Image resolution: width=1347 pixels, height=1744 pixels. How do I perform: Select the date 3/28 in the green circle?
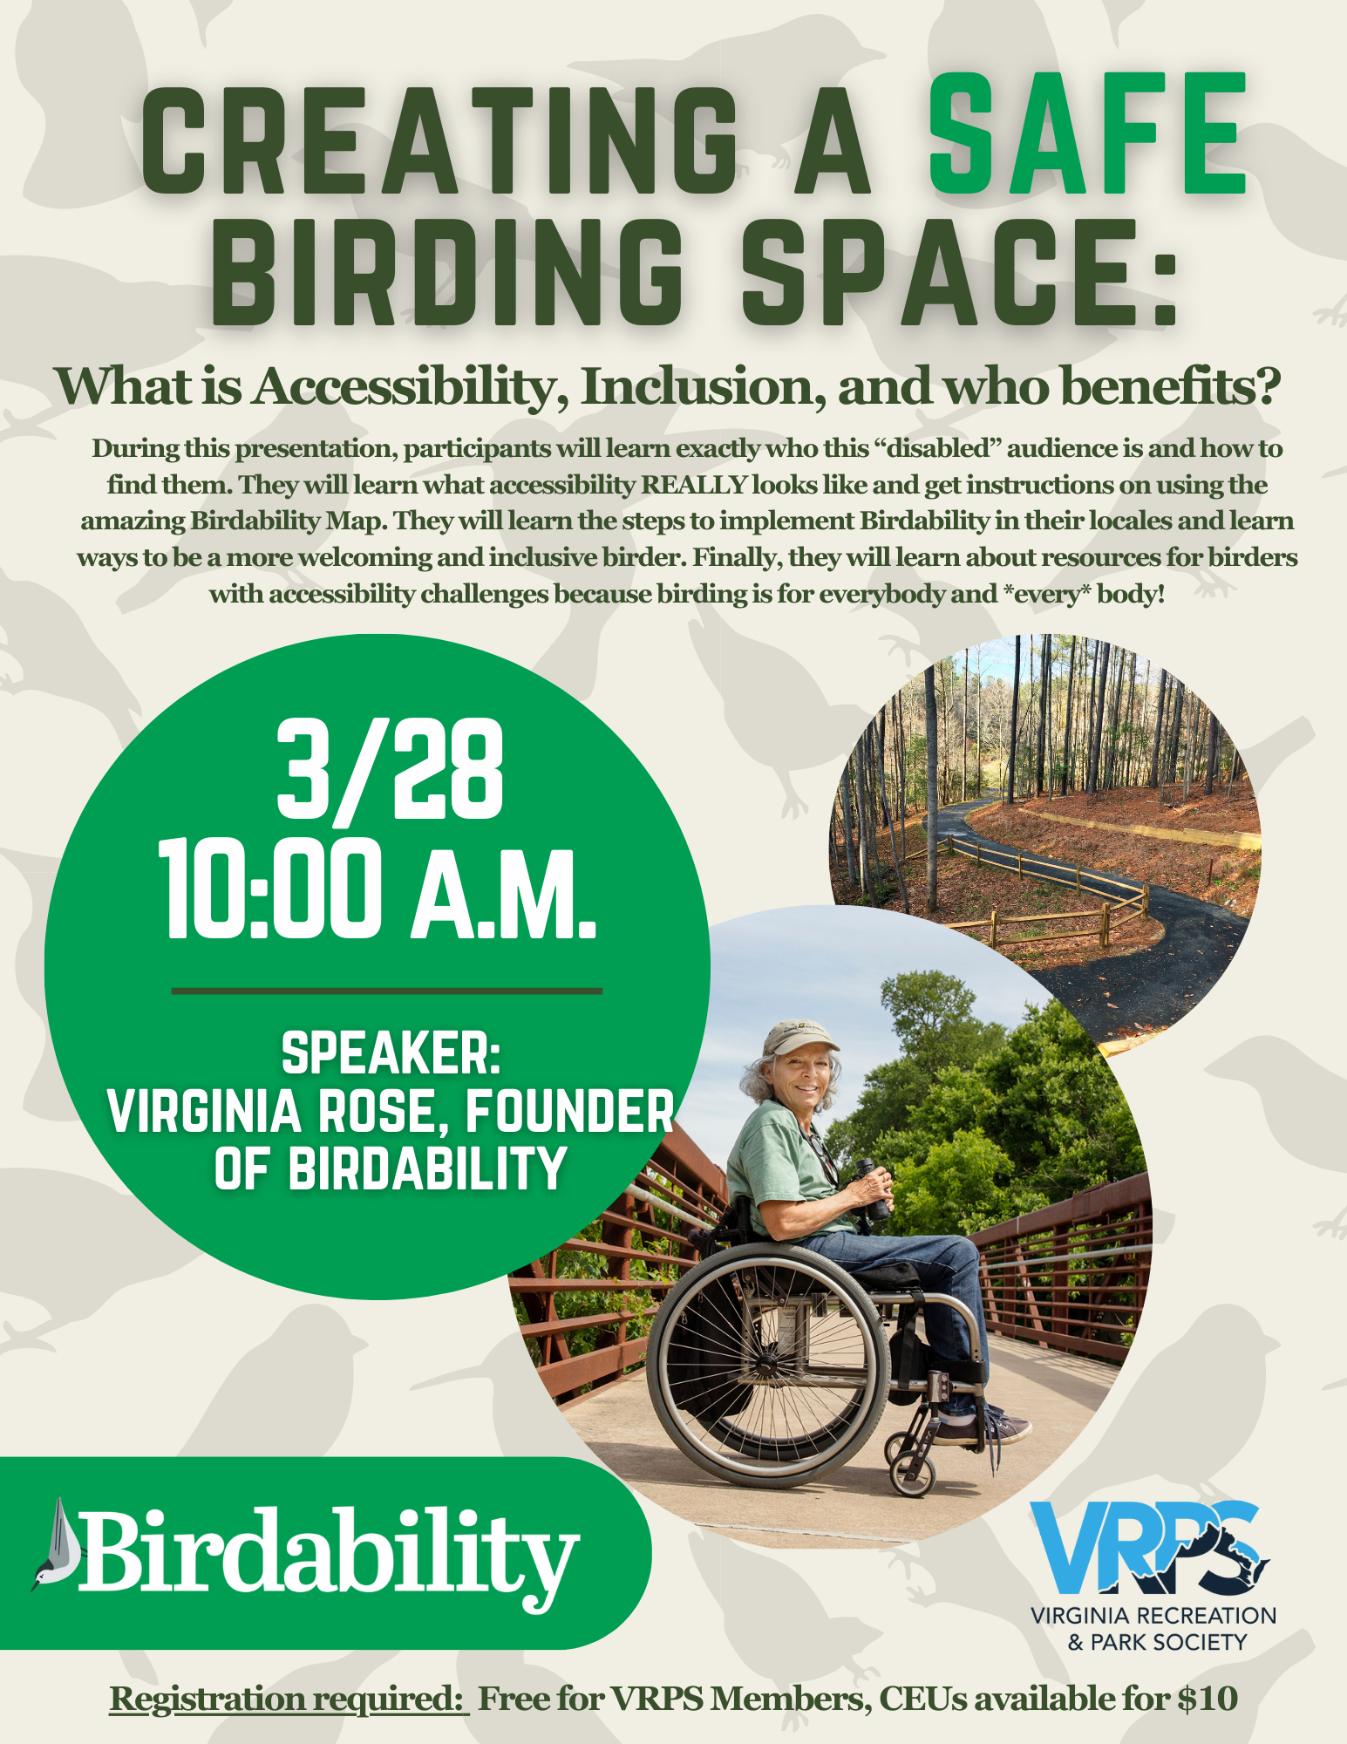[x=390, y=771]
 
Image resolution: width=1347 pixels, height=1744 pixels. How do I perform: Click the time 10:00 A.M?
[x=378, y=889]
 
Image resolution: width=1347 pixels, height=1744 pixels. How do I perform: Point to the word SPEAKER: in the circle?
[x=391, y=1053]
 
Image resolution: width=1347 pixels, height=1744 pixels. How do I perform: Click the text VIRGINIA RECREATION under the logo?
[x=1153, y=1616]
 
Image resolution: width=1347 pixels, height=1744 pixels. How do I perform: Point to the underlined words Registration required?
[x=289, y=1699]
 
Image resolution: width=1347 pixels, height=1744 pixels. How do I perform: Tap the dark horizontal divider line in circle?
[x=387, y=991]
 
